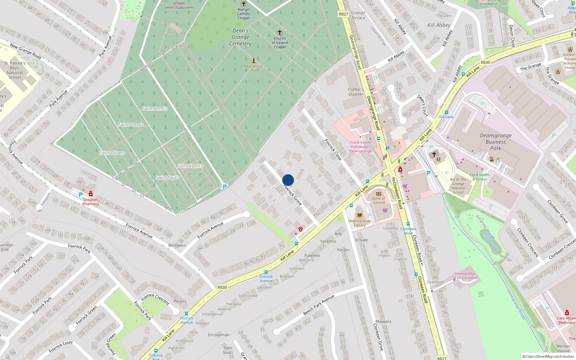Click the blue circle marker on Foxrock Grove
(288, 180)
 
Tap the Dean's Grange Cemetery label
(240, 37)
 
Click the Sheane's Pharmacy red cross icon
(91, 194)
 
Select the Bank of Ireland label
(378, 201)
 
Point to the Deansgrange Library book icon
(359, 215)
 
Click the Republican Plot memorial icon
(254, 60)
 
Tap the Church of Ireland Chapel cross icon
(280, 32)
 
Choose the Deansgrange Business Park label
(495, 142)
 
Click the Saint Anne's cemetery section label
(155, 108)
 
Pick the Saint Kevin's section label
(190, 166)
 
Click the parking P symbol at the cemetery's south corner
(225, 187)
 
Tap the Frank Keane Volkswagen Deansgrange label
(360, 147)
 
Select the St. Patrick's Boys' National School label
(15, 70)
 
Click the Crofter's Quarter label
(356, 92)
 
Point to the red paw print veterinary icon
(300, 229)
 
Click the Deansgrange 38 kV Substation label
(465, 276)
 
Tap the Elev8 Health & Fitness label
(480, 177)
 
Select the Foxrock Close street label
(333, 149)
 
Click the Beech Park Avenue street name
(319, 305)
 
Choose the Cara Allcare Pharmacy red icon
(567, 312)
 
